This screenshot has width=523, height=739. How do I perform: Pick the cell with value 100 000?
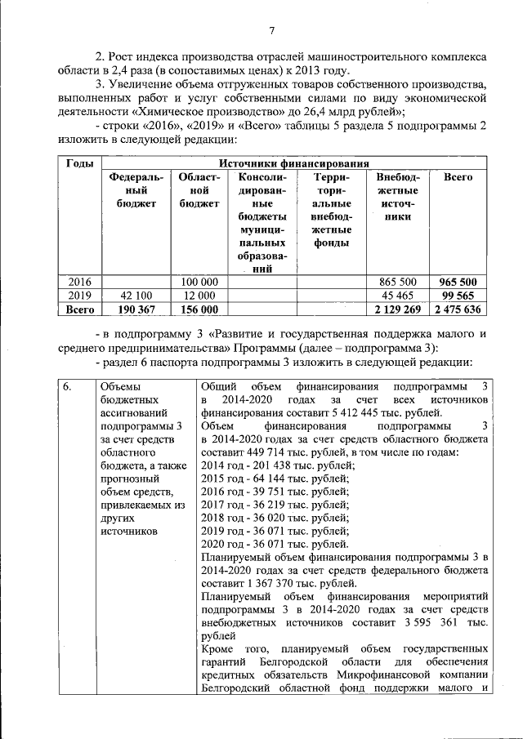pyautogui.click(x=199, y=282)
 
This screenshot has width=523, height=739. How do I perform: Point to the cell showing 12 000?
pyautogui.click(x=199, y=296)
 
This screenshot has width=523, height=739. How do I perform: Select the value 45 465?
pyautogui.click(x=398, y=296)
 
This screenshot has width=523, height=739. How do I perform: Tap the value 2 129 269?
pyautogui.click(x=397, y=309)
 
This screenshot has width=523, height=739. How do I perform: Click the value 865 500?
pyautogui.click(x=398, y=282)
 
